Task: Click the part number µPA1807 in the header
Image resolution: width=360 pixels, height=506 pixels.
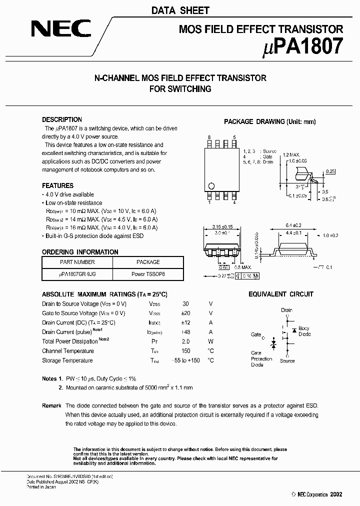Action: tap(303, 46)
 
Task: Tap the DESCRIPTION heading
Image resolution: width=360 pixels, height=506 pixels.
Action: tap(62, 120)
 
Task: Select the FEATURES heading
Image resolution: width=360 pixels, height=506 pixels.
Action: tap(57, 185)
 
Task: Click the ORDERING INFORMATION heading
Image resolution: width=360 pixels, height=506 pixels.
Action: tap(80, 252)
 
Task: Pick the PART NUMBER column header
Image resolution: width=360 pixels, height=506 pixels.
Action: tap(77, 262)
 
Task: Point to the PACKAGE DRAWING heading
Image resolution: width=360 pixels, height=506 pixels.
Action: tap(270, 121)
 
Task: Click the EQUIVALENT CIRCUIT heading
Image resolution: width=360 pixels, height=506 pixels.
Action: tap(281, 294)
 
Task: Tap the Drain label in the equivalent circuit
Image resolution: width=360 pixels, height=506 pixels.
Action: tap(286, 310)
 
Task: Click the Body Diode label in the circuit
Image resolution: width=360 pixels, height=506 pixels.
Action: tap(304, 331)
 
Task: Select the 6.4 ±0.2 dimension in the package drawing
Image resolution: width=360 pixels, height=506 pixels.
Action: tap(292, 225)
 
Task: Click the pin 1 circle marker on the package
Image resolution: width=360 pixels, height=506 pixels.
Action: tap(211, 185)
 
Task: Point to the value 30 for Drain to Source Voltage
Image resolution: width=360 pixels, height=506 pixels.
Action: tap(186, 304)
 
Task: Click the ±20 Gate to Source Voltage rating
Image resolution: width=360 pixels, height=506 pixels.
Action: tap(186, 313)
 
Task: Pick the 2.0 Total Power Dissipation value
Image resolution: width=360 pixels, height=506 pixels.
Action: tap(186, 341)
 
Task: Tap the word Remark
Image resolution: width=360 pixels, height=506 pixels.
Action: tap(51, 405)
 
